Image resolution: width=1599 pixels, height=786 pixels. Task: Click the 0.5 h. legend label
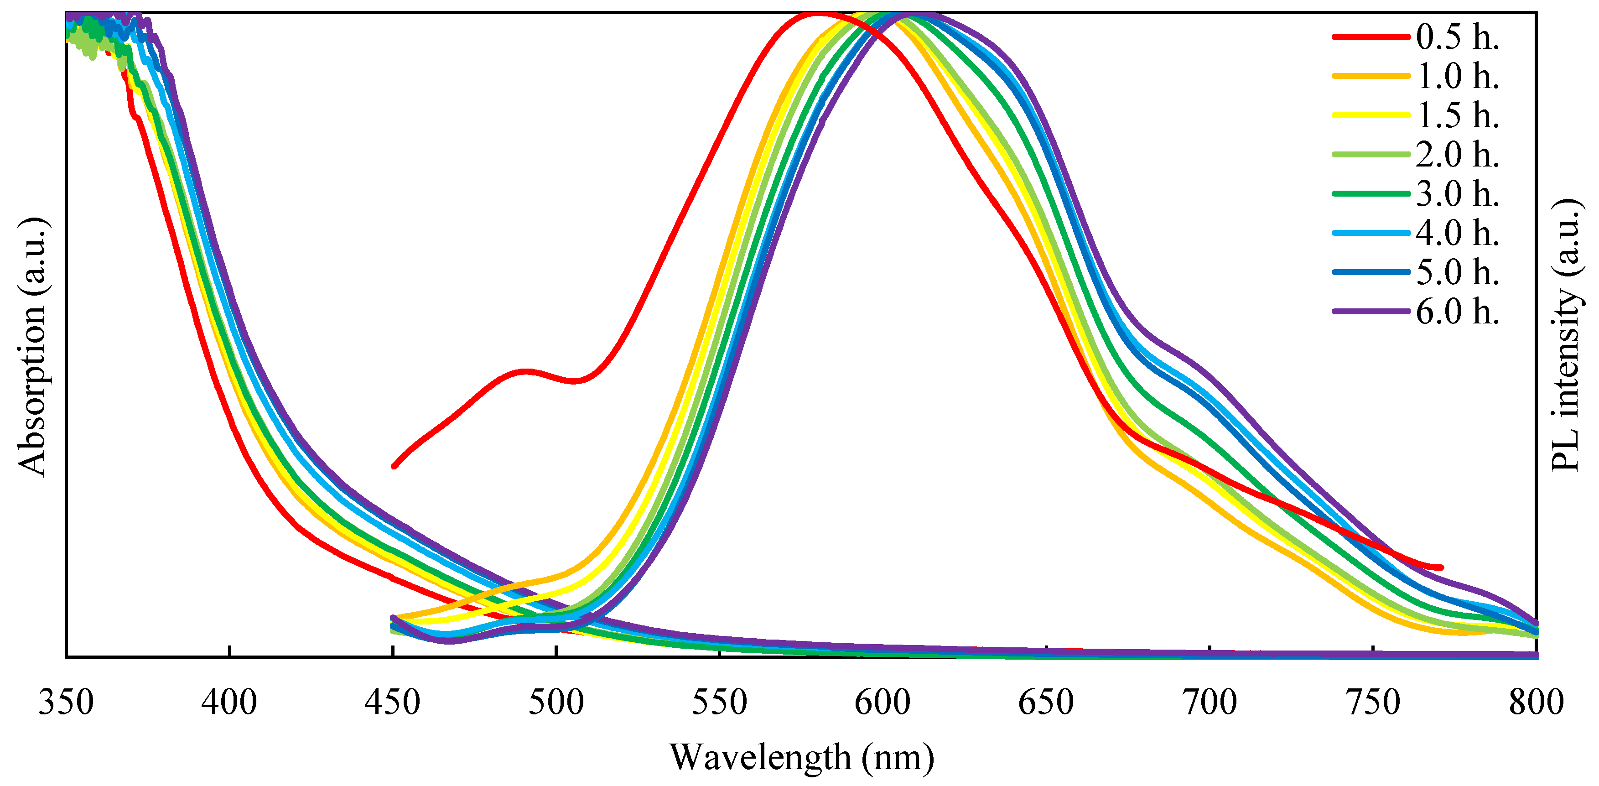click(x=1457, y=37)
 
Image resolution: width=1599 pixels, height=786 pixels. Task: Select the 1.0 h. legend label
click(x=1457, y=76)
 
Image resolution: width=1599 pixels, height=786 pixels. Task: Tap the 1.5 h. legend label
click(x=1457, y=115)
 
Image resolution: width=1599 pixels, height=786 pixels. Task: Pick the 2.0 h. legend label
click(x=1457, y=155)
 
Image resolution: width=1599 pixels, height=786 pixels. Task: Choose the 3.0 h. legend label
click(x=1457, y=194)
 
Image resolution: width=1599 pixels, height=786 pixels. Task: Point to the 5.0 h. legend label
click(x=1457, y=272)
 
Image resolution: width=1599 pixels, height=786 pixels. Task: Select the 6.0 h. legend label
click(x=1457, y=311)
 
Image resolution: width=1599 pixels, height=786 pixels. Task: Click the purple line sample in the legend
click(x=1371, y=311)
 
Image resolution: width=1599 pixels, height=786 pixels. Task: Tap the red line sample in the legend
click(x=1371, y=37)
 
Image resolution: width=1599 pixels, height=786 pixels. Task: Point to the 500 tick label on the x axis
click(x=555, y=702)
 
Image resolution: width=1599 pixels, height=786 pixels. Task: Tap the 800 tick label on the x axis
click(x=1536, y=702)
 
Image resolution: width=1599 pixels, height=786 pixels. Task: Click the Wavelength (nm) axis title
click(x=801, y=757)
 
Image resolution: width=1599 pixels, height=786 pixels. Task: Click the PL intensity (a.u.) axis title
click(x=1566, y=335)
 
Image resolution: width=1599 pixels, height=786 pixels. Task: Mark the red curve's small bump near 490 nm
click(x=526, y=371)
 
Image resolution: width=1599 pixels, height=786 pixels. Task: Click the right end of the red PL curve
click(x=1441, y=567)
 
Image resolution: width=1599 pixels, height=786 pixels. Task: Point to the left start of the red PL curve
click(x=394, y=466)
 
